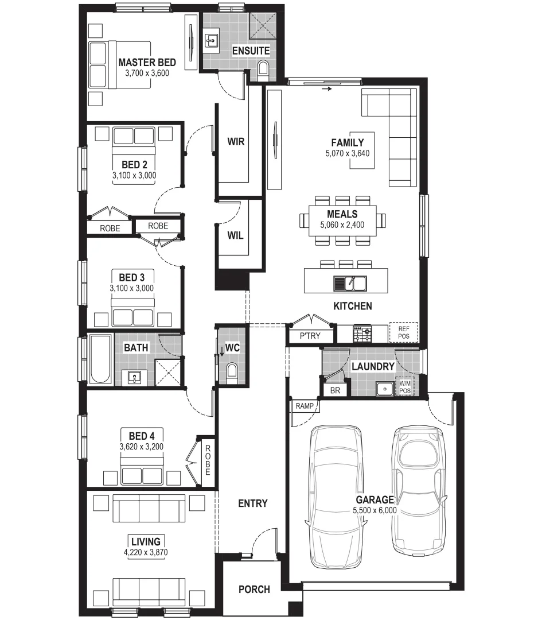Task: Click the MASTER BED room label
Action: point(147,63)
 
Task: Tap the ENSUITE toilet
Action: point(263,69)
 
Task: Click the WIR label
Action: point(236,142)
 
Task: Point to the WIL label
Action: point(235,235)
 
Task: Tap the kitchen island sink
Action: point(351,282)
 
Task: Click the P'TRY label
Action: point(310,336)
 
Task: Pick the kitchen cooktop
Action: point(362,332)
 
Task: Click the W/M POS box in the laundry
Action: point(405,387)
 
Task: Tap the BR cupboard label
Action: point(336,390)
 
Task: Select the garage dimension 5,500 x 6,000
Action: point(376,510)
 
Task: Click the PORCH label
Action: point(254,589)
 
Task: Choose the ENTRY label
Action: point(252,503)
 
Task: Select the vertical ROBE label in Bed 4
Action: point(208,460)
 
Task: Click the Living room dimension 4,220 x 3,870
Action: point(146,552)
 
